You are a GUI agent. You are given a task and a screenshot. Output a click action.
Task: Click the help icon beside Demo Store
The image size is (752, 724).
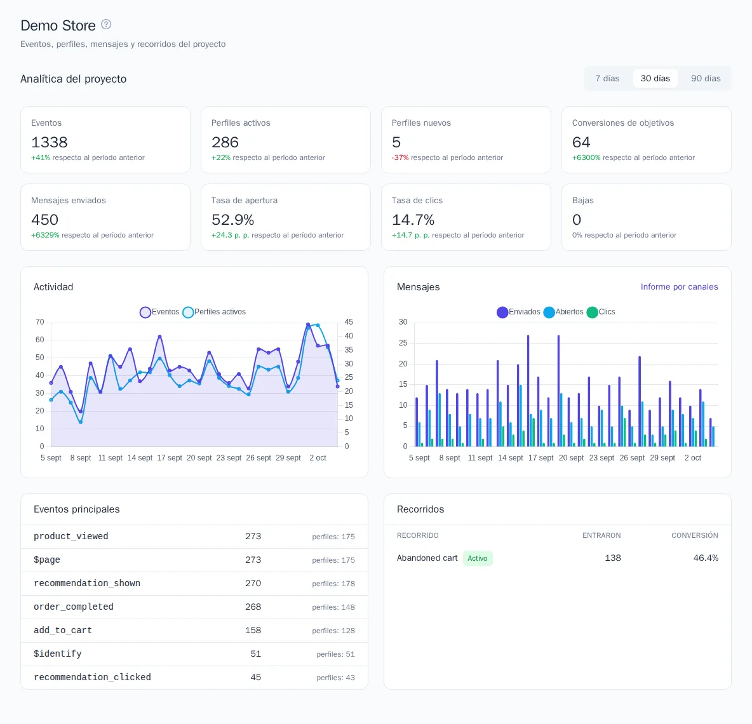tap(106, 25)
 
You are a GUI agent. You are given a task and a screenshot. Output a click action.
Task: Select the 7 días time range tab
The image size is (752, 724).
tap(607, 79)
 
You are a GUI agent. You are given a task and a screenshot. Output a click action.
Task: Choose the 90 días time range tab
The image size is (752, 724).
tap(706, 79)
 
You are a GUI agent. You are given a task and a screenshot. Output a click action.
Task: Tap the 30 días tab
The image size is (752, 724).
tap(655, 79)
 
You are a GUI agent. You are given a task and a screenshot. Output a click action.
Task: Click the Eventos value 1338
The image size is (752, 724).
tap(50, 142)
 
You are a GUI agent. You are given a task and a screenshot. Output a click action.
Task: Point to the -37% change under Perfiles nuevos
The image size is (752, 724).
tap(400, 158)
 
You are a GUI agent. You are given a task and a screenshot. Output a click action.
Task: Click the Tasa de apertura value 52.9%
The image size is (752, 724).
tap(232, 220)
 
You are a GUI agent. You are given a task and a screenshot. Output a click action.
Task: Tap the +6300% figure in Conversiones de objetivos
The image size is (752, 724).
tap(586, 158)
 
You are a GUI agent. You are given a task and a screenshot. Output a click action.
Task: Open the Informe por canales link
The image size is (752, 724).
tap(679, 286)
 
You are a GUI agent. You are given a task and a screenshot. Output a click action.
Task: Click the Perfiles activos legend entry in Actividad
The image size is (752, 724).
tap(215, 312)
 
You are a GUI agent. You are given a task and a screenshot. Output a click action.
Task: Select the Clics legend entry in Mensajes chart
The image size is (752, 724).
tap(601, 312)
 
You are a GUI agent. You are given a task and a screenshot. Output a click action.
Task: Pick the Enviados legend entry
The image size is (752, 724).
tap(518, 312)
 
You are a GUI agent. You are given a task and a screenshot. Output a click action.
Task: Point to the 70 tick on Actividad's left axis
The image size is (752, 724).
tap(40, 322)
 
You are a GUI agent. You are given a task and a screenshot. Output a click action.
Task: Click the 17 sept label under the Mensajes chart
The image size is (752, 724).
tap(541, 458)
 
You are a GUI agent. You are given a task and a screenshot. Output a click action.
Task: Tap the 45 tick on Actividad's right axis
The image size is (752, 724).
tap(349, 322)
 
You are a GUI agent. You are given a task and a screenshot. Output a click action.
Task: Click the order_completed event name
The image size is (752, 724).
tap(74, 607)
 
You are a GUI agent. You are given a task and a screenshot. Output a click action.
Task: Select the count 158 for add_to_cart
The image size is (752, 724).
tap(253, 631)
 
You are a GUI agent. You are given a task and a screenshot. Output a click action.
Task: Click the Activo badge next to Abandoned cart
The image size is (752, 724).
tap(478, 558)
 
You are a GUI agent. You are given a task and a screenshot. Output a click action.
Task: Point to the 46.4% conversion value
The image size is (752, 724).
tap(706, 558)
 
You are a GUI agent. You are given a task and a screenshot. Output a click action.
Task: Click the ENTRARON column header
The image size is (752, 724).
tap(601, 535)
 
